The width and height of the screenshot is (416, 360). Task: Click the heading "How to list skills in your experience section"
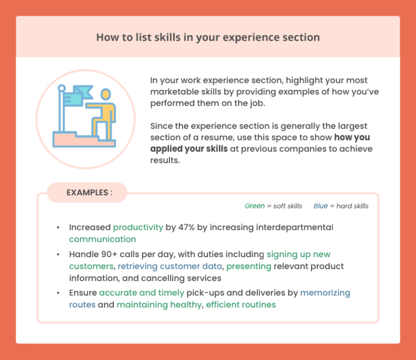tap(208, 37)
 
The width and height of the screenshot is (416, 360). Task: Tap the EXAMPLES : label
tap(89, 192)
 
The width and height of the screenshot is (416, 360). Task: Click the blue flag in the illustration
tap(82, 93)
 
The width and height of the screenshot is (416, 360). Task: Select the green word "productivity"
tap(138, 227)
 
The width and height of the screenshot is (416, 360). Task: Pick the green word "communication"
tap(102, 239)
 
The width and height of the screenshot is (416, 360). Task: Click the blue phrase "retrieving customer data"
tap(170, 266)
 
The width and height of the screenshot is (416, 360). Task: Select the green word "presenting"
tap(249, 266)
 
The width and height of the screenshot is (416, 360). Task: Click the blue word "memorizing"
tap(325, 293)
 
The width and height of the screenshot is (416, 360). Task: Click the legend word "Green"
tap(255, 206)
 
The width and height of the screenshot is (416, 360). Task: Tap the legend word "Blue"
tap(321, 206)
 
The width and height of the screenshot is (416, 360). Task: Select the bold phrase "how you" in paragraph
tap(352, 138)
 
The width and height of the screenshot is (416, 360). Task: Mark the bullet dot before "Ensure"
tap(58, 293)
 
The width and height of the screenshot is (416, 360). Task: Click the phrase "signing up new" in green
tap(298, 254)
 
